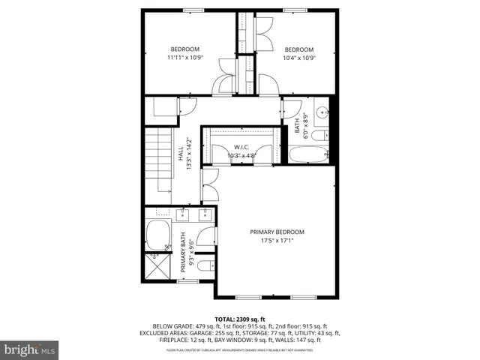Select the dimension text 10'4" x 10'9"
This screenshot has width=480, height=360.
coord(298,58)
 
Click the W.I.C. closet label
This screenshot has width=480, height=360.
coord(241,147)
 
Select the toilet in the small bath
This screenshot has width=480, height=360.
coord(317,136)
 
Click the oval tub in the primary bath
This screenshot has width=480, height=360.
coord(158,235)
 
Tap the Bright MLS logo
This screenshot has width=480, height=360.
coord(30,349)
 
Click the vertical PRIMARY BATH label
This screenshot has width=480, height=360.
coord(182,253)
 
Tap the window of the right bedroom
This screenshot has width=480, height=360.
coord(295,10)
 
